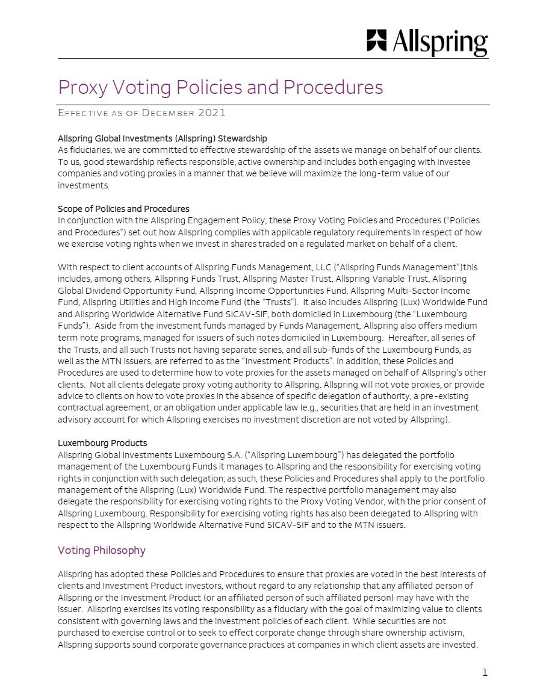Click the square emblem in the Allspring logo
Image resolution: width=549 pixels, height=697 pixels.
377,40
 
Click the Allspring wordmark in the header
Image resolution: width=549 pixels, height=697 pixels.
440,43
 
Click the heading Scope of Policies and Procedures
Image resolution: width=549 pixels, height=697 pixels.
123,209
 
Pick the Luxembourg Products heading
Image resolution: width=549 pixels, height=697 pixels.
102,443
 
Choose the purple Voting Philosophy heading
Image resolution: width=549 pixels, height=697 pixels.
102,550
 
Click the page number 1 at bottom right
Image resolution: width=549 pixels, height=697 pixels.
485,672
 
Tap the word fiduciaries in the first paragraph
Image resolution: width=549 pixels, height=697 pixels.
90,150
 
